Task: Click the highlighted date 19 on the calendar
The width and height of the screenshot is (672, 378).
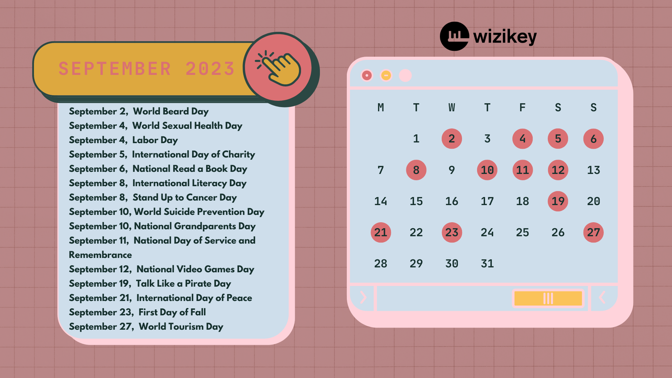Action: pos(558,201)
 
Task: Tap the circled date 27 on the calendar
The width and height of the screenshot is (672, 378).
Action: pos(594,232)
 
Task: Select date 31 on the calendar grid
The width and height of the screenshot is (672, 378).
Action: pos(487,264)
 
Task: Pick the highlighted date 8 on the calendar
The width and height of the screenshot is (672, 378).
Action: pos(416,170)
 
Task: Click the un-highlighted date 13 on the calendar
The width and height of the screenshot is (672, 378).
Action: pos(594,170)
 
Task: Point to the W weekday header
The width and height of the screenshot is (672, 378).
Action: pos(452,107)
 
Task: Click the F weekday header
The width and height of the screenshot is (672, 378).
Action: pos(523,107)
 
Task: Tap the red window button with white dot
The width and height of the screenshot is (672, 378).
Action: pos(367,75)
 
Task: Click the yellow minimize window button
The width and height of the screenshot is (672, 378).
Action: pos(386,75)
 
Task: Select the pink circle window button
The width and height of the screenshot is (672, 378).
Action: pos(405,75)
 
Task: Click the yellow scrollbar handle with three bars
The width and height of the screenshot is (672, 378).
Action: pos(548,299)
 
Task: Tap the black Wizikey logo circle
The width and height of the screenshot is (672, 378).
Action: pos(455,36)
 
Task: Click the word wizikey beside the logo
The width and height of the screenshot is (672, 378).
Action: pos(505,37)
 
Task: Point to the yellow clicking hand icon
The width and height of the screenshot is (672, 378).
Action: pos(279,68)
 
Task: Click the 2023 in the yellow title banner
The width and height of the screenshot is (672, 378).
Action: pos(210,69)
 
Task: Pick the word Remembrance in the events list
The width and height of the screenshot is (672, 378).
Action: pos(100,255)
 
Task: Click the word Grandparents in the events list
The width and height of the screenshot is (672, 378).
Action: pos(205,226)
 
